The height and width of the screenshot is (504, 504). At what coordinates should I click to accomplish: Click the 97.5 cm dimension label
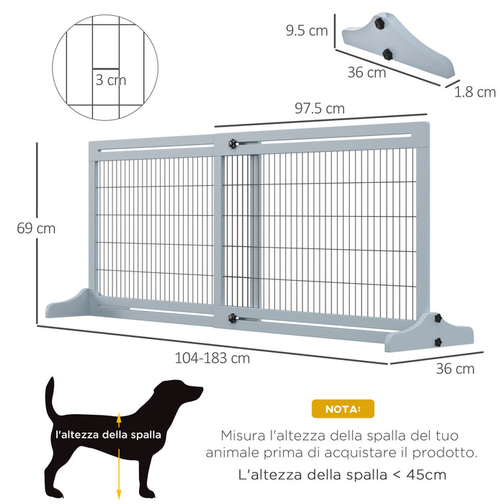pos(320,109)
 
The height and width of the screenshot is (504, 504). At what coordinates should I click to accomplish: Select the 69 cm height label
pos(36,228)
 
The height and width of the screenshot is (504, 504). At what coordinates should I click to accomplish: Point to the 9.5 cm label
pos(306,30)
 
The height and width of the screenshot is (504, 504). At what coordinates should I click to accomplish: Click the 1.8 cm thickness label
pos(475,91)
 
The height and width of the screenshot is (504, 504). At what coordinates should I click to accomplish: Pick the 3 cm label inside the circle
pos(111,80)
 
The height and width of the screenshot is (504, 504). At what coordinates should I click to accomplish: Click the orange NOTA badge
pos(343,409)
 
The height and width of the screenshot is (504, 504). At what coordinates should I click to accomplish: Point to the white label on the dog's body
pos(108,435)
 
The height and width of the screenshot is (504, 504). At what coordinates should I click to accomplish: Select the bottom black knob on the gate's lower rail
pos(233,318)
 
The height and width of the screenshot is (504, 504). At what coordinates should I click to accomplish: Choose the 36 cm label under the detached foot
pos(366,73)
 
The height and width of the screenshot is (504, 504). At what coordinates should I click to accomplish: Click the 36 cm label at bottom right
pos(455,369)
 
